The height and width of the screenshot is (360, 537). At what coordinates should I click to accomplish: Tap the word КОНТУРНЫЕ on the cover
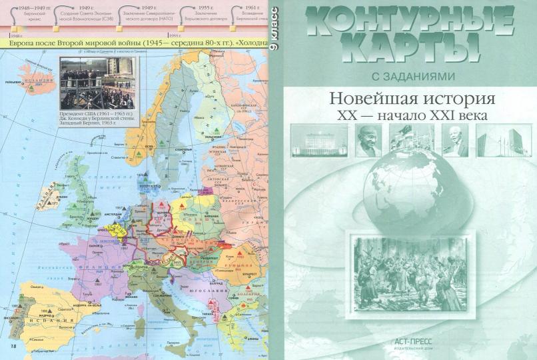tap(404, 19)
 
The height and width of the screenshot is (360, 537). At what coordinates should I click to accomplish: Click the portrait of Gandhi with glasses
tap(368, 140)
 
